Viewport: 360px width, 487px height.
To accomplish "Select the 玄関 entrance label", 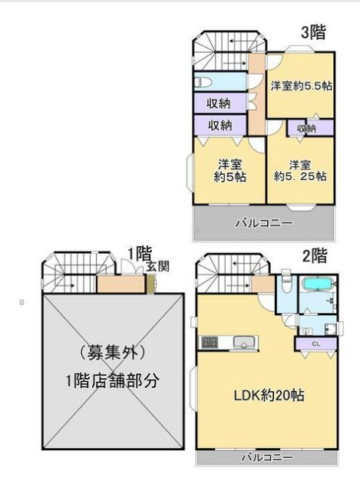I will [x=159, y=265].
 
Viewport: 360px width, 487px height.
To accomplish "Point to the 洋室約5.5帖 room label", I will [x=301, y=87].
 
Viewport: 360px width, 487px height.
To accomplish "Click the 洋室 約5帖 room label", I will [x=230, y=170].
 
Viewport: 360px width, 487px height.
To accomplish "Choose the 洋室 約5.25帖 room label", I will [x=300, y=170].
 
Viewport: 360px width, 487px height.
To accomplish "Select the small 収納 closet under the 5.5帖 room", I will [x=306, y=128].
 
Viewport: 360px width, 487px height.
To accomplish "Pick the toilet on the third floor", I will [x=205, y=81].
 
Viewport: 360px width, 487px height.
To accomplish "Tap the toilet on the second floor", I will [x=285, y=285].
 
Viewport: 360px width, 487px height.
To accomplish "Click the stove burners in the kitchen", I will [x=209, y=341].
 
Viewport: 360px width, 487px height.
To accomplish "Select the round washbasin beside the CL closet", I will [x=306, y=331].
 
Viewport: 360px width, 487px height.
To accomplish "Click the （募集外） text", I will [x=113, y=353].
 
